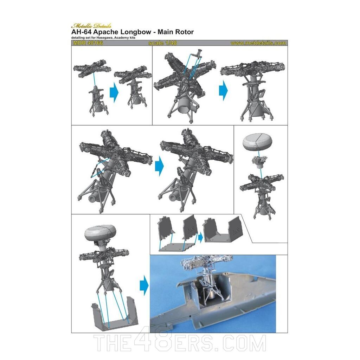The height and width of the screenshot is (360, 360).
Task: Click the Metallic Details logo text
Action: pyautogui.click(x=91, y=26)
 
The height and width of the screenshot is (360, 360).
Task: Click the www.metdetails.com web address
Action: pyautogui.click(x=258, y=43)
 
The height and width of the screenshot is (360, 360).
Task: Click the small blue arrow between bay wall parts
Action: pyautogui.click(x=200, y=237)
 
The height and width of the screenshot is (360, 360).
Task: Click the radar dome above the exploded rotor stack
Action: pyautogui.click(x=258, y=142)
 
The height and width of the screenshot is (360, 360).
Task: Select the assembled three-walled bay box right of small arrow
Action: pyautogui.click(x=225, y=234)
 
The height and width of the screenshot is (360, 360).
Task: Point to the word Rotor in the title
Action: pyautogui.click(x=183, y=32)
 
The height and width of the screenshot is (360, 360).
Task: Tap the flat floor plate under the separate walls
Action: pyautogui.click(x=174, y=247)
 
